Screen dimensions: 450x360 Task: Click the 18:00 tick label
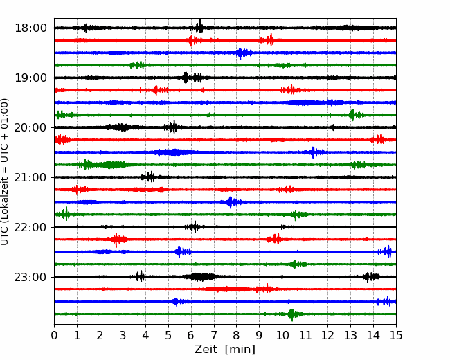point(30,28)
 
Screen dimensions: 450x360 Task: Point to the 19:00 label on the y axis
point(30,78)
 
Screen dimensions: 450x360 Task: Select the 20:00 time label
point(30,127)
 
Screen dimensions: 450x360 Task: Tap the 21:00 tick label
point(30,177)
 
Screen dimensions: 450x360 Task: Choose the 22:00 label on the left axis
point(30,227)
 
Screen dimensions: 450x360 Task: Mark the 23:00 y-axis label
point(30,277)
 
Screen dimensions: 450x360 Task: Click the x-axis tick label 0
point(54,335)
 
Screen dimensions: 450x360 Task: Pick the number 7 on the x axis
point(214,335)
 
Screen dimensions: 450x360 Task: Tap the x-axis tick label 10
point(282,335)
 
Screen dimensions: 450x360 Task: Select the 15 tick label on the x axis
point(396,335)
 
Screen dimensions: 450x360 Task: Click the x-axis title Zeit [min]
point(225,350)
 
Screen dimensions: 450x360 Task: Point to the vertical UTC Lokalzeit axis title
point(4,172)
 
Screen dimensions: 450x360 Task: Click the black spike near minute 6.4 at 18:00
point(199,26)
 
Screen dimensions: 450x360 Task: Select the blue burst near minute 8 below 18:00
point(244,53)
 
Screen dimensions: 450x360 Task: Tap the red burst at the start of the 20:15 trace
point(62,140)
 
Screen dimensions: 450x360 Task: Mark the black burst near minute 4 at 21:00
point(149,177)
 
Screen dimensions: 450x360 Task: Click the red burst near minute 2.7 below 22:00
point(118,240)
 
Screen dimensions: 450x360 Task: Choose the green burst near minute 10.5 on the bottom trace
point(294,314)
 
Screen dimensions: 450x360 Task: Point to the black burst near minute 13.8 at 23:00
point(371,277)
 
